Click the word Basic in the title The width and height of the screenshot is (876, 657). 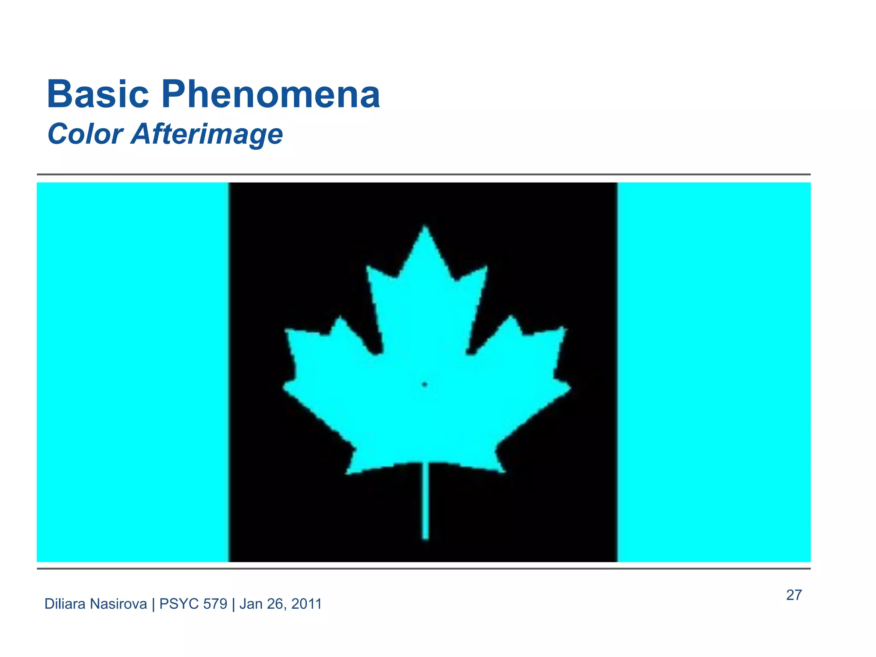coord(98,95)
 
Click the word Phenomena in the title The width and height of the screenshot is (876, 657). coord(270,95)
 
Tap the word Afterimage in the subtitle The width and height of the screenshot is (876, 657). coord(207,134)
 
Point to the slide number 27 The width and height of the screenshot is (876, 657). coord(794,595)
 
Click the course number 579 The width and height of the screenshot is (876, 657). coord(215,604)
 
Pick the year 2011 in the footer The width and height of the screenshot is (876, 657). coord(306,604)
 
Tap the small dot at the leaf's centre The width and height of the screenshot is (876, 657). coord(425,385)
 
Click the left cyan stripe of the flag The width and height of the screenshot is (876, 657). coord(133,372)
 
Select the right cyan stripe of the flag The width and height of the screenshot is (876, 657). coord(714,372)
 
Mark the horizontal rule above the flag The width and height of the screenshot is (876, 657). coord(423,175)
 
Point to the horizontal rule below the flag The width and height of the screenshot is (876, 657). coord(423,568)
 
